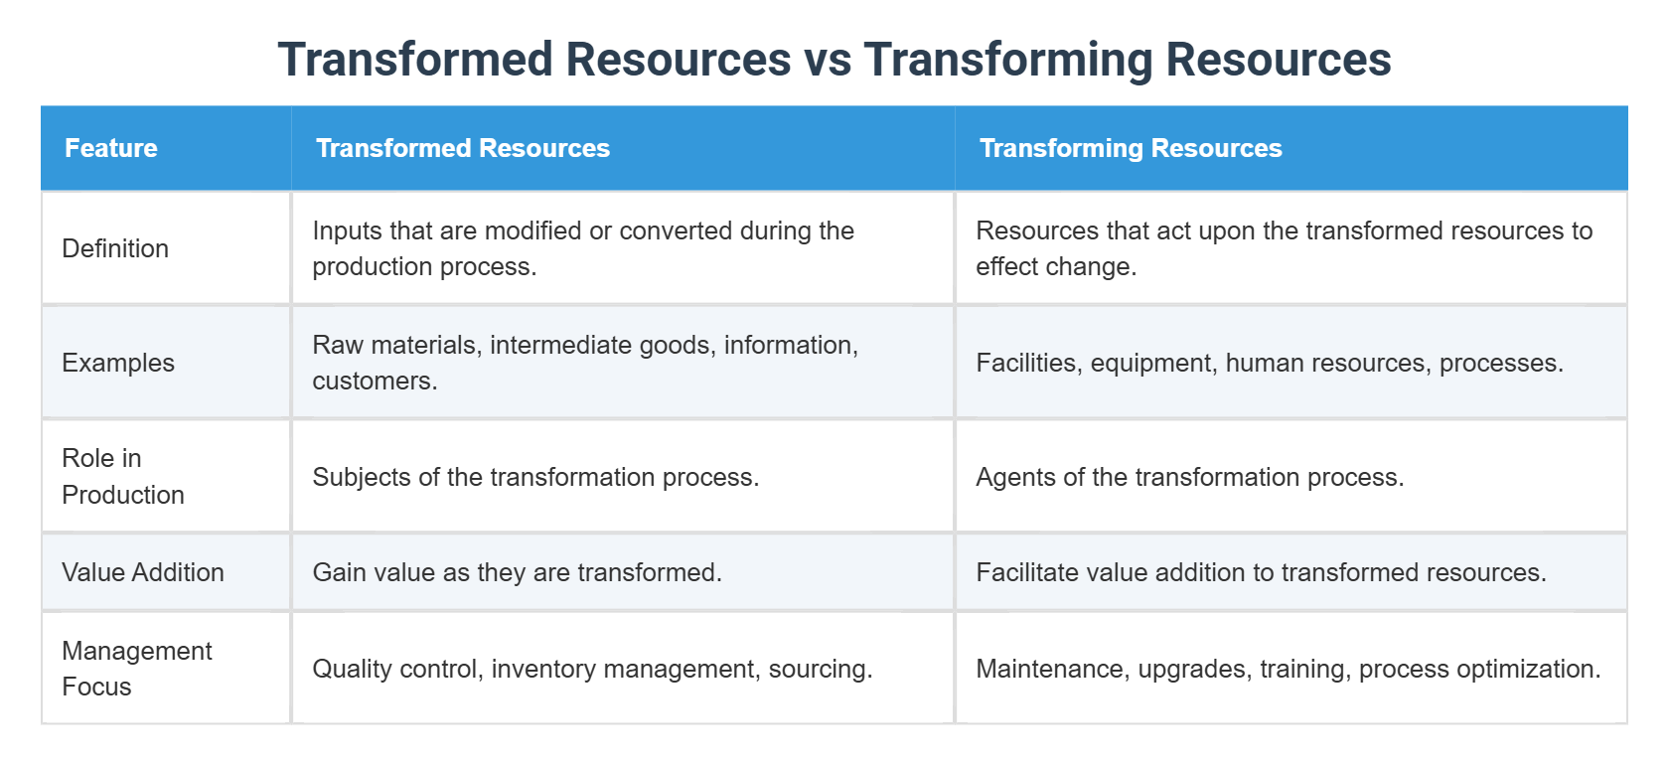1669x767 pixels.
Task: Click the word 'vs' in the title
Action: pyautogui.click(x=828, y=60)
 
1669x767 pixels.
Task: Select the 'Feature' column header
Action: pyautogui.click(x=111, y=148)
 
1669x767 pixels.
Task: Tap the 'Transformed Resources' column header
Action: pyautogui.click(x=462, y=148)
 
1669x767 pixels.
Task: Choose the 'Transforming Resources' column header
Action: pyautogui.click(x=1130, y=148)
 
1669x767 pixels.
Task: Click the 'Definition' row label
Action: pyautogui.click(x=115, y=248)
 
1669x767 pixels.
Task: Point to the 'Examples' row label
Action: pyautogui.click(x=117, y=363)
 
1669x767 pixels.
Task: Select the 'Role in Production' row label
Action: pyautogui.click(x=122, y=476)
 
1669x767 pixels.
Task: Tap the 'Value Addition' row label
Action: pyautogui.click(x=142, y=572)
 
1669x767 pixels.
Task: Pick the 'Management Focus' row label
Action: pyautogui.click(x=136, y=669)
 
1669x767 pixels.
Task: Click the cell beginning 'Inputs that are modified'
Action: pyautogui.click(x=582, y=248)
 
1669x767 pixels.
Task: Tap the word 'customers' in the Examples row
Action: pyautogui.click(x=372, y=382)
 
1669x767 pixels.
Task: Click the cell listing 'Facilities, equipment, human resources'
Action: pyautogui.click(x=1269, y=363)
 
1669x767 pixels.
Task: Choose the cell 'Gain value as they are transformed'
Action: pyautogui.click(x=517, y=572)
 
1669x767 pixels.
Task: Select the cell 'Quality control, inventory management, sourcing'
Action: pyautogui.click(x=591, y=669)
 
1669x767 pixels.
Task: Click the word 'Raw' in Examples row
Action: pyautogui.click(x=337, y=345)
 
